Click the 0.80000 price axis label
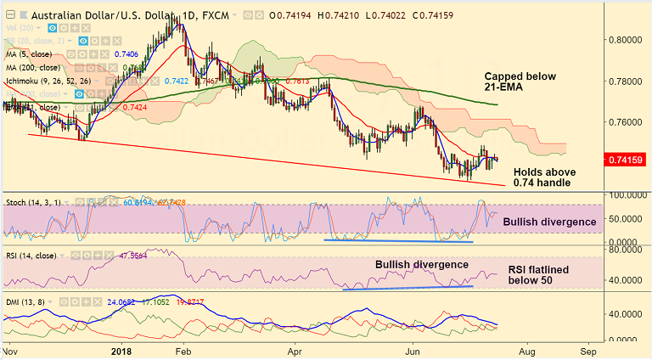[x=629, y=39]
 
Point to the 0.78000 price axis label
[x=629, y=81]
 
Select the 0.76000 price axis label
[x=629, y=121]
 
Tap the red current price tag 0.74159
[x=629, y=159]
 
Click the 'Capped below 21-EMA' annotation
[x=520, y=82]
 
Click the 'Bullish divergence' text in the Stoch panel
[x=549, y=222]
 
